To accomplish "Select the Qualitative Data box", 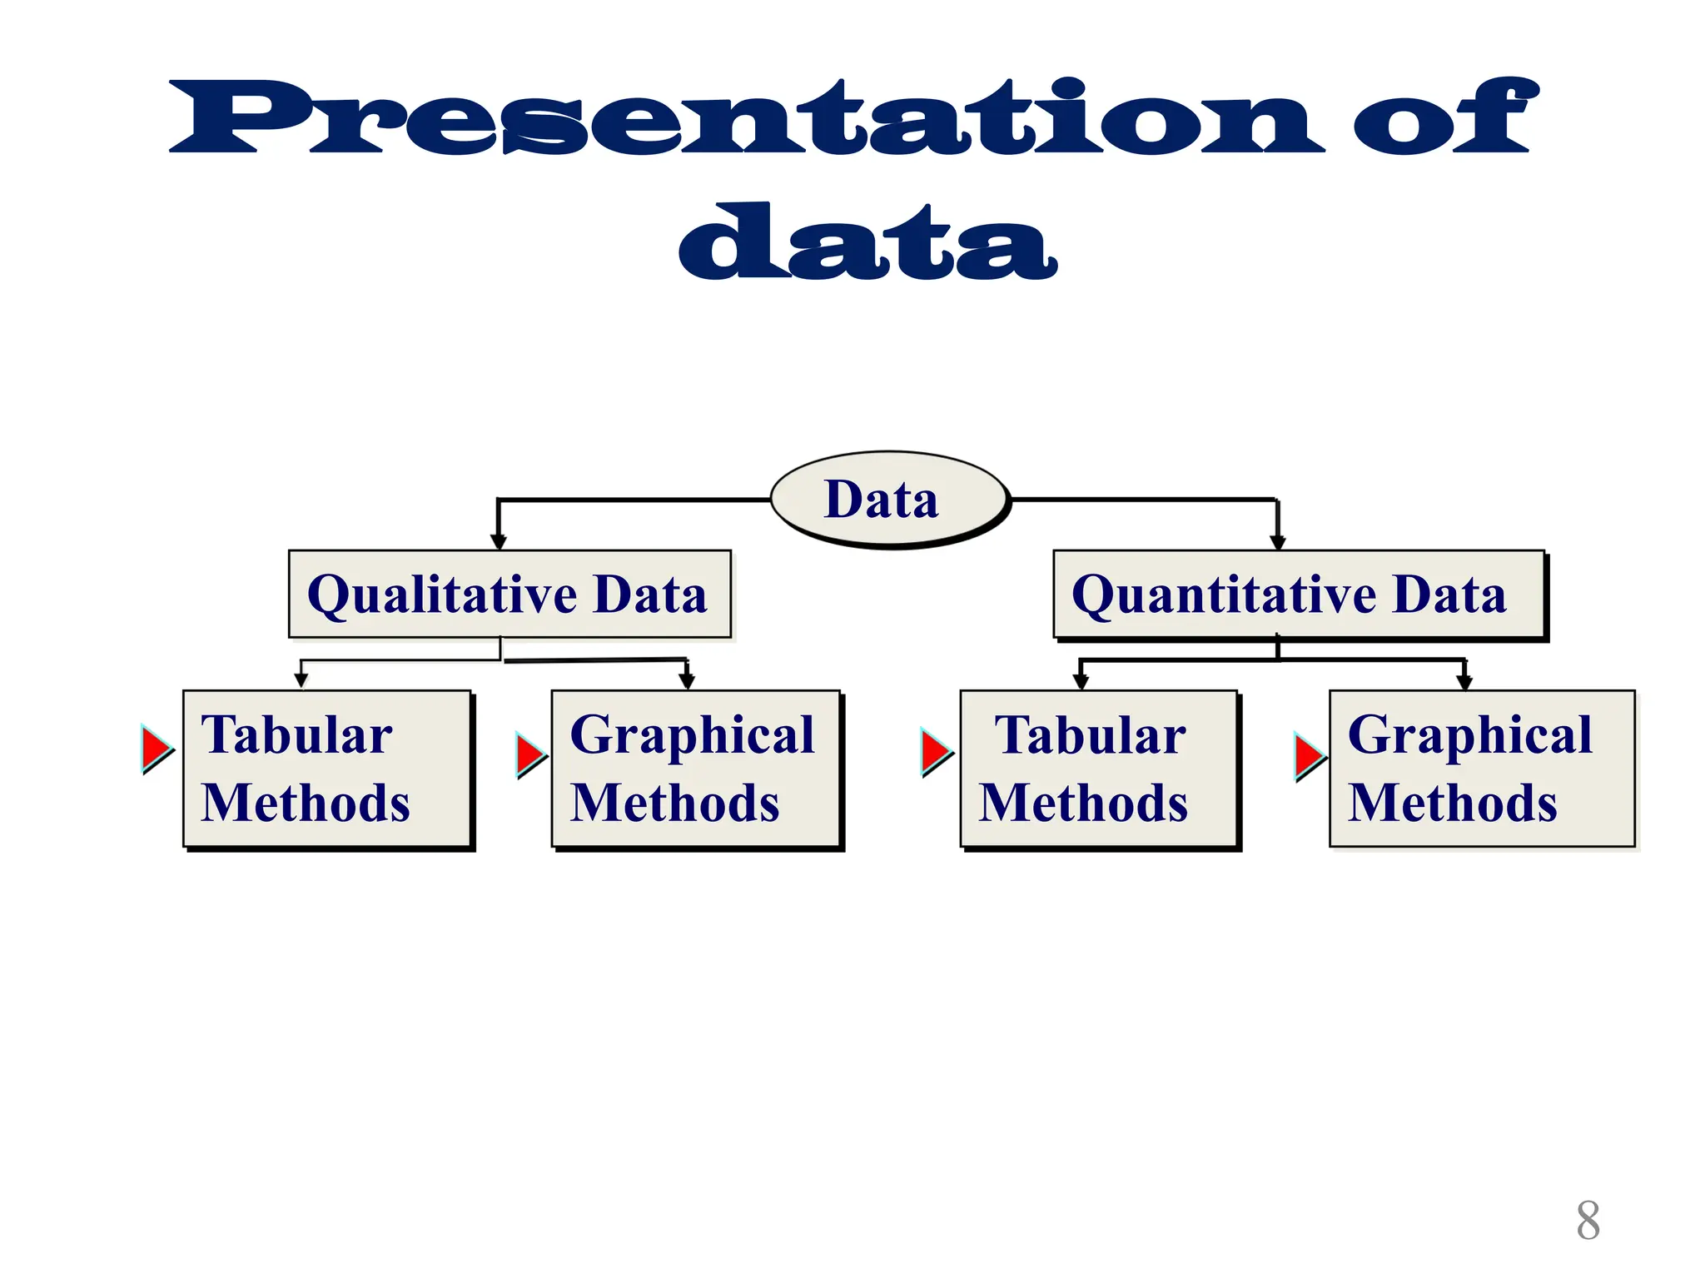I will [510, 595].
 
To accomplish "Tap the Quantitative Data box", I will [1298, 595].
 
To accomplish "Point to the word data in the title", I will [867, 242].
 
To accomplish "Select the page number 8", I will [1588, 1221].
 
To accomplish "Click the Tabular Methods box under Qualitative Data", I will [327, 769].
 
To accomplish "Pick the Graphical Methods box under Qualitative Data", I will [696, 769].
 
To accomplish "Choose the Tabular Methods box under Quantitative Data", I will [1098, 769].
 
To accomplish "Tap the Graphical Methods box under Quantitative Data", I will [1482, 769].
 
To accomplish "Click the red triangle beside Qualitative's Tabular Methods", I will [156, 749].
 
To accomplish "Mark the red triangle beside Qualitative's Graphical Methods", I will [529, 754].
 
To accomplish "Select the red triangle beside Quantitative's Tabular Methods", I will [935, 751].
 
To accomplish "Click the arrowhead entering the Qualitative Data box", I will [498, 542].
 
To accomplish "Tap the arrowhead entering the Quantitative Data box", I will [1278, 542].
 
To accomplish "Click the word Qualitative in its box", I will [442, 595].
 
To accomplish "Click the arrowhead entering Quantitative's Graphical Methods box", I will [1464, 683].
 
